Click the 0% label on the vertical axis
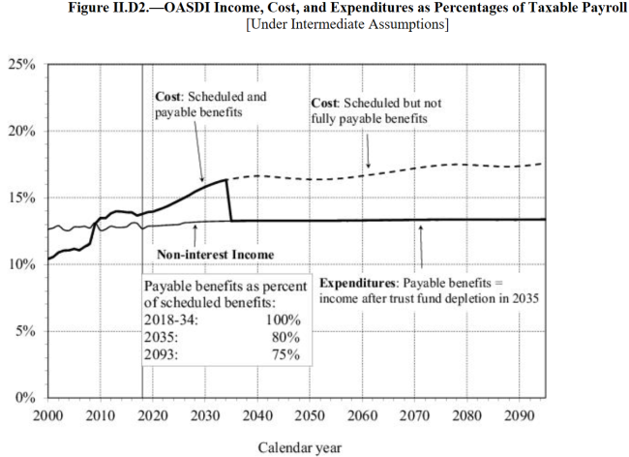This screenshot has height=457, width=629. [25, 398]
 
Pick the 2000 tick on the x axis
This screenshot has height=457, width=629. [48, 415]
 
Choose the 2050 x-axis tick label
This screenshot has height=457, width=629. [310, 415]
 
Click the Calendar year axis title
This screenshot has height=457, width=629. [299, 447]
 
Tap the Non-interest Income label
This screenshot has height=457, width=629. [215, 255]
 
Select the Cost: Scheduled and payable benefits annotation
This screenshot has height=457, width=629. [211, 105]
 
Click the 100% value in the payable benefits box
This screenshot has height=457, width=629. [282, 319]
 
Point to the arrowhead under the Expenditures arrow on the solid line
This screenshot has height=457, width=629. [421, 225]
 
